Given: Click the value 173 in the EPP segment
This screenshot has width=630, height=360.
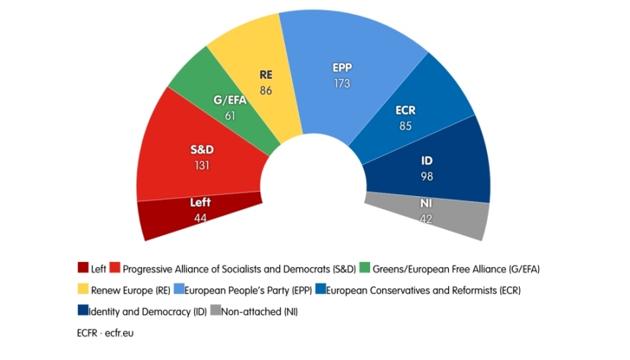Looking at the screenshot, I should (x=342, y=84).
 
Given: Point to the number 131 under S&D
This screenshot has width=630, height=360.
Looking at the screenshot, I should (x=201, y=165).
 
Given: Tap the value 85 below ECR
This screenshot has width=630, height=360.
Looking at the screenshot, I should (x=405, y=126).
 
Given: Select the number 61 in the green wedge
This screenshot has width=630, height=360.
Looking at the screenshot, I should (x=231, y=115).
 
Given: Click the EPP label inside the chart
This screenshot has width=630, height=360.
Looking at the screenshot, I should (x=342, y=69).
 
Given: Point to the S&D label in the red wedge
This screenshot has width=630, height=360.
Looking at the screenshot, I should (x=202, y=150).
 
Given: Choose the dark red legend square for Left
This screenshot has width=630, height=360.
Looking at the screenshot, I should (x=83, y=269).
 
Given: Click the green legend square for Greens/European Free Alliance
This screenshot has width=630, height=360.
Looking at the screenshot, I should (x=365, y=269).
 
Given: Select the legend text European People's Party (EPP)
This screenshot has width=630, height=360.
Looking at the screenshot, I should (x=247, y=291).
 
